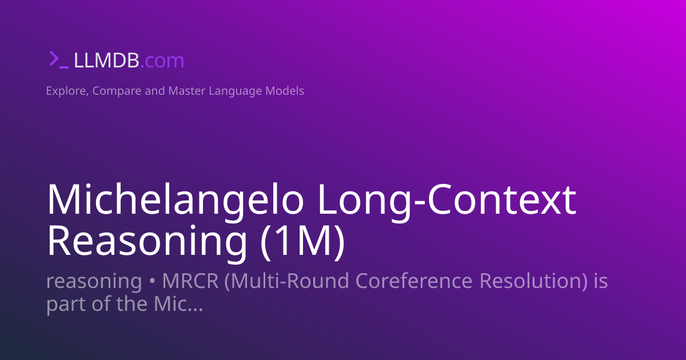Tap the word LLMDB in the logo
click(106, 61)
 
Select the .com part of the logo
click(162, 61)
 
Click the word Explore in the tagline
click(65, 91)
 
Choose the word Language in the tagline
click(234, 91)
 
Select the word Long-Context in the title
click(446, 200)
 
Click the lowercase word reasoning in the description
click(94, 282)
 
